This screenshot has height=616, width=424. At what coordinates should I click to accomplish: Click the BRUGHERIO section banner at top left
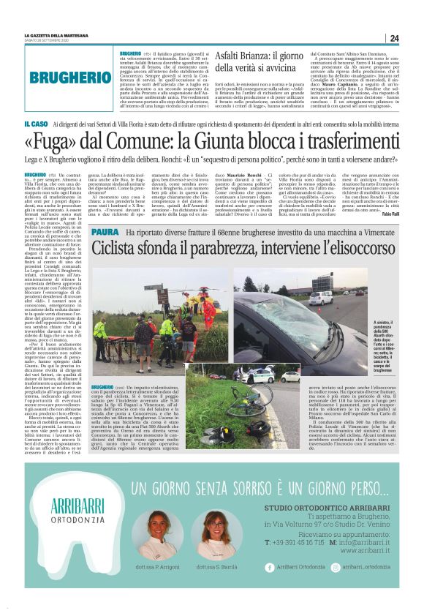71,77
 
